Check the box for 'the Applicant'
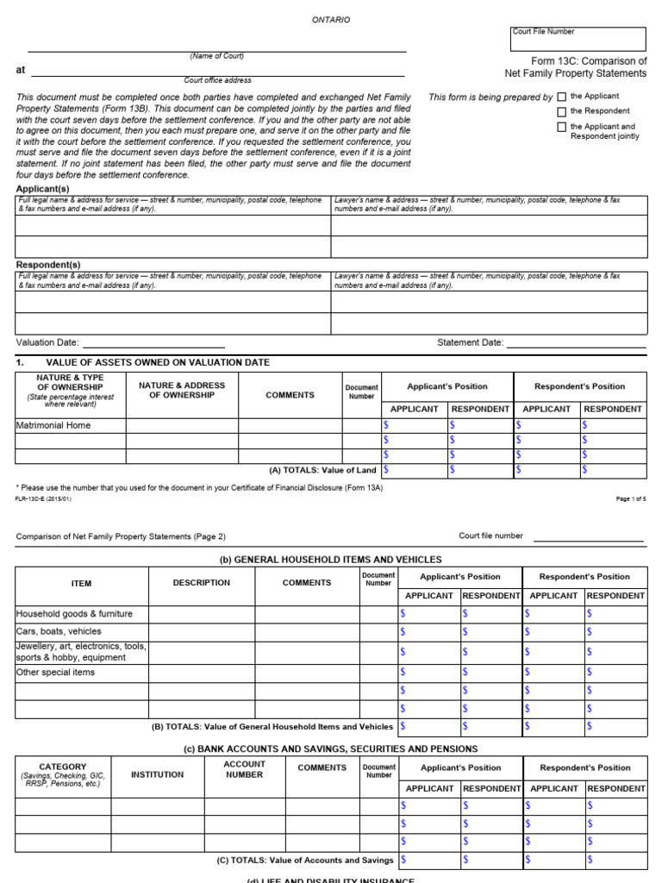562,97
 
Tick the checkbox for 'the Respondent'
562,112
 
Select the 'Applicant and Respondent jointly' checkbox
562,127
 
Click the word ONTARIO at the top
331,19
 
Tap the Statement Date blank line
576,344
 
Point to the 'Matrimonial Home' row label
53,425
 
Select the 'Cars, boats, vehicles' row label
59,632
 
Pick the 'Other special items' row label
56,673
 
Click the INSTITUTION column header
157,774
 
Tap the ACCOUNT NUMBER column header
244,769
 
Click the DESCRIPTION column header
201,583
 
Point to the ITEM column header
81,584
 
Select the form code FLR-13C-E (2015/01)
43,499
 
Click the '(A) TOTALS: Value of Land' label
323,470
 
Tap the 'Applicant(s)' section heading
43,189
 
